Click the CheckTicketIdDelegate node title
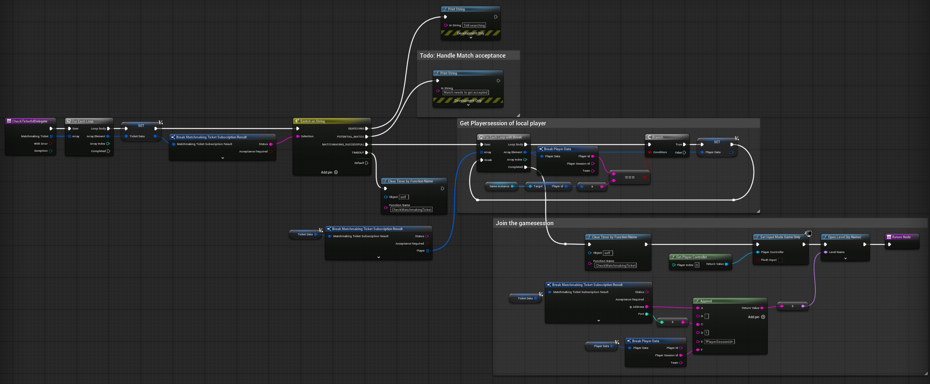(x=30, y=121)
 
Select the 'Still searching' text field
(x=474, y=26)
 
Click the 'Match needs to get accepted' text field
(x=466, y=92)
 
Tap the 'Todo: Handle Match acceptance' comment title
(x=463, y=55)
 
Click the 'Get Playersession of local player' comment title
(x=503, y=123)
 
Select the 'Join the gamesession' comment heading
(x=524, y=223)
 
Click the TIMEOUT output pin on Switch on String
(x=367, y=152)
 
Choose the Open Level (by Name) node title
(x=844, y=237)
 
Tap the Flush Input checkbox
(x=780, y=260)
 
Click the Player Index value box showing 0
(x=697, y=265)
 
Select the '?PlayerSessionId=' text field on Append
(x=719, y=342)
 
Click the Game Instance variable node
(x=499, y=186)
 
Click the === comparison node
(x=630, y=177)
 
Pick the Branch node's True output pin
(x=684, y=145)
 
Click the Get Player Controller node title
(x=691, y=257)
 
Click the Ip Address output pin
(x=647, y=307)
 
